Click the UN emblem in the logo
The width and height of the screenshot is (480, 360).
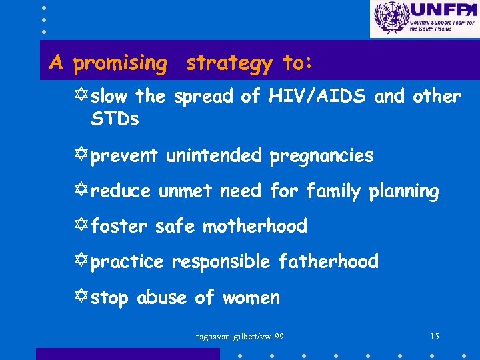click(x=390, y=18)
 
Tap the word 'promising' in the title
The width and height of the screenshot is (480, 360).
click(x=120, y=63)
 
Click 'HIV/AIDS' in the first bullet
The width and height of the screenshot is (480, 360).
click(x=318, y=97)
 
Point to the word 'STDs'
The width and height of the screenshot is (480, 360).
click(x=115, y=120)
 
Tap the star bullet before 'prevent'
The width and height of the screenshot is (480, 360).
click(x=83, y=156)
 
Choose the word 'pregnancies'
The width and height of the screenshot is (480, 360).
click(x=321, y=157)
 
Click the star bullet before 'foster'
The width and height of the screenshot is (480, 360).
click(x=83, y=227)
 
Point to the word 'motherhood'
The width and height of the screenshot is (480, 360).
click(x=255, y=227)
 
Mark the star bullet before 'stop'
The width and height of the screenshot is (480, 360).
click(x=83, y=297)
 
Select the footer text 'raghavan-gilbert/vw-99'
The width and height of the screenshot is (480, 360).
click(x=239, y=336)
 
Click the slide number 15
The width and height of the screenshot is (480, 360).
click(x=434, y=336)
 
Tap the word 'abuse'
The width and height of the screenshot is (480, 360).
click(x=161, y=297)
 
